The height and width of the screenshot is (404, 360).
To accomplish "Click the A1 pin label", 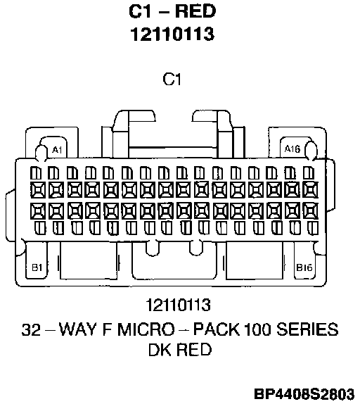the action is [x=57, y=150].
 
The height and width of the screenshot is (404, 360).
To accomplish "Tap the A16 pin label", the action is [x=292, y=149].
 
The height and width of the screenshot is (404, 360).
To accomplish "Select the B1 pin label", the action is [x=37, y=267].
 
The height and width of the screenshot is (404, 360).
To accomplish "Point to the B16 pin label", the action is [x=304, y=267].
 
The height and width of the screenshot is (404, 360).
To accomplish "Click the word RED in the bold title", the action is [x=195, y=11].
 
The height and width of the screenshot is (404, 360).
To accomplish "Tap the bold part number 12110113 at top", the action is [x=172, y=34].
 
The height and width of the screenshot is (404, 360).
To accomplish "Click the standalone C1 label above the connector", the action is [x=172, y=79].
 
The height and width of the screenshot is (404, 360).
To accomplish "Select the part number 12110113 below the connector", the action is [x=179, y=305].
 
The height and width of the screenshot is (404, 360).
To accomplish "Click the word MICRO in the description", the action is [x=146, y=329].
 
